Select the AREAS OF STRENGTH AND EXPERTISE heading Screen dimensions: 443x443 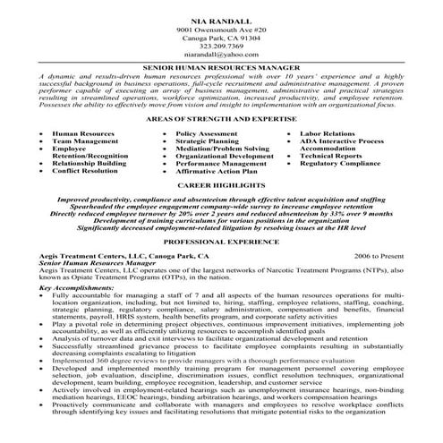tap(221, 118)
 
